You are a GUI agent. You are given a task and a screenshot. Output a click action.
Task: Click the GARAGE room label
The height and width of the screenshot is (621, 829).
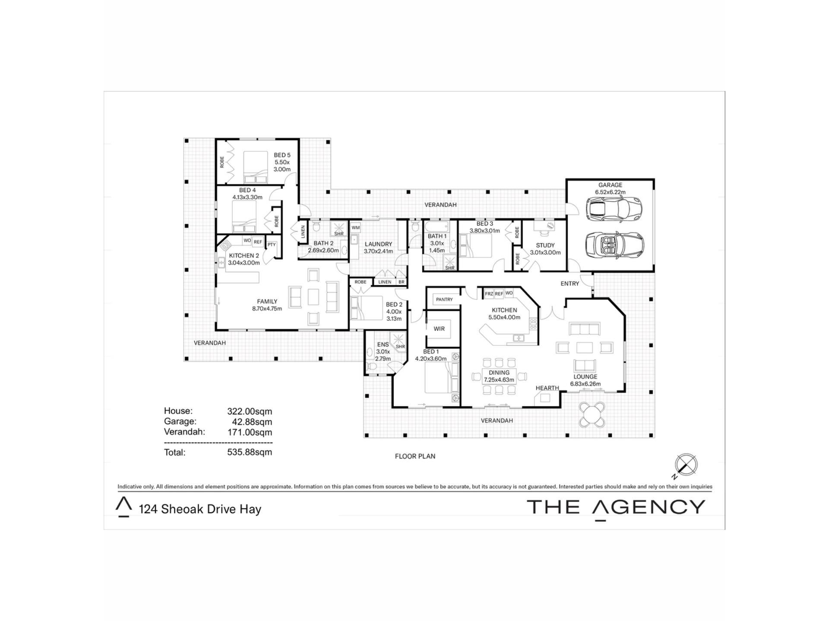pos(610,185)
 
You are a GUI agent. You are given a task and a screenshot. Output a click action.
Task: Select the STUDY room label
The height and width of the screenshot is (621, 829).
pos(545,245)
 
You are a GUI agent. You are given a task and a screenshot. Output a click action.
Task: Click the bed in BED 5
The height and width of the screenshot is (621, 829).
pos(256,167)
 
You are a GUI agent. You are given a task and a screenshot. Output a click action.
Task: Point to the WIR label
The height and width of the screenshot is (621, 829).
pos(439,329)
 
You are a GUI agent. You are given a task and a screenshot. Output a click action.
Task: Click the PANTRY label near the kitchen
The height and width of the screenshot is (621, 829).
pos(444,299)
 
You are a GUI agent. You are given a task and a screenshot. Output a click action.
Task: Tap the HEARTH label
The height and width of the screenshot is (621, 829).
pos(547,388)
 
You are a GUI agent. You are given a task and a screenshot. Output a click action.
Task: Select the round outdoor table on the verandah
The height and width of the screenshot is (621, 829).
pos(592,414)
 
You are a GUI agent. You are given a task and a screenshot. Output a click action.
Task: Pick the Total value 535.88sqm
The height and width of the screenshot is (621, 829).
pos(250,452)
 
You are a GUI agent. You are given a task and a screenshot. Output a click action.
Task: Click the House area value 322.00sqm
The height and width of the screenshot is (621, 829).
pos(250,411)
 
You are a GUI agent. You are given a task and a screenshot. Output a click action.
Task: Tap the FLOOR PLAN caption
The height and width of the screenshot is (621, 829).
pos(415,456)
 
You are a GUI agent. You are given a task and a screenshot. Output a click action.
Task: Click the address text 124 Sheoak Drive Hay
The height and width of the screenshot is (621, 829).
pos(200,509)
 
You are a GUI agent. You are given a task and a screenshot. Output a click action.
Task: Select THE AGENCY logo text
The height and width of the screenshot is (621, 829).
pos(616,507)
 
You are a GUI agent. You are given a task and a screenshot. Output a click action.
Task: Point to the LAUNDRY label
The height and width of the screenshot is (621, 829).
pos(378,244)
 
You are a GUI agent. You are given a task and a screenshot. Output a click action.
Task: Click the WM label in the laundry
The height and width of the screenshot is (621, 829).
pos(355,227)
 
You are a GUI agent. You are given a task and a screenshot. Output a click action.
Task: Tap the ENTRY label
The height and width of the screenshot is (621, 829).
pos(570,283)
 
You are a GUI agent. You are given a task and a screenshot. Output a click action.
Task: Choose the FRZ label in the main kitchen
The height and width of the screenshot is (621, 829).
pos(489,294)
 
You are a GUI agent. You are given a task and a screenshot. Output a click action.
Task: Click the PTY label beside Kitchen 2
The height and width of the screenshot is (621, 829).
pos(271,245)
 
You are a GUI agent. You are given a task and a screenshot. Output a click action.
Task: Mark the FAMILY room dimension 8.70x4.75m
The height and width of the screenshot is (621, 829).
pos(267,309)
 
